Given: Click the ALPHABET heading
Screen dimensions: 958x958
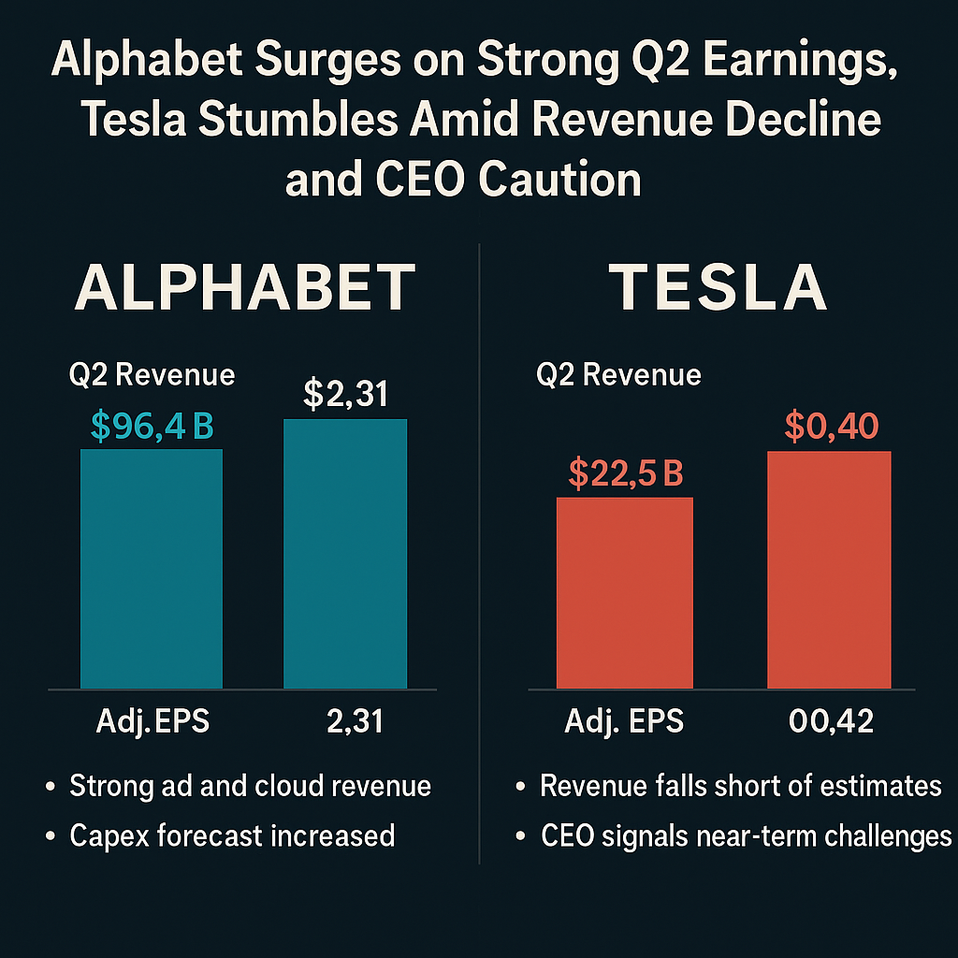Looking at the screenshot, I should pyautogui.click(x=244, y=287).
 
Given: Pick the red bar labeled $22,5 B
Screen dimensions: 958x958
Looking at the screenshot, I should pyautogui.click(x=625, y=593).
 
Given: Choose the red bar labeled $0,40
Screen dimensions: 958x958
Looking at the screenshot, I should pyautogui.click(x=829, y=571).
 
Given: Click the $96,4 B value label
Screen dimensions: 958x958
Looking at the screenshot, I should pyautogui.click(x=152, y=427).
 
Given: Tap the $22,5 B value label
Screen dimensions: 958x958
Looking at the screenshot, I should pyautogui.click(x=625, y=474).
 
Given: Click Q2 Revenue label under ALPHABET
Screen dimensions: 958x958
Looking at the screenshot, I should pyautogui.click(x=152, y=375).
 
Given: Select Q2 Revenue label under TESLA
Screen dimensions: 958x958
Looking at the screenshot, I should pyautogui.click(x=618, y=375).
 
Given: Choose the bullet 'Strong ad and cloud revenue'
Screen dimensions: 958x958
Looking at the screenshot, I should pyautogui.click(x=250, y=786).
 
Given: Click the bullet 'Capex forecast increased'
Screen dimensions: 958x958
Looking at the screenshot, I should pyautogui.click(x=232, y=835).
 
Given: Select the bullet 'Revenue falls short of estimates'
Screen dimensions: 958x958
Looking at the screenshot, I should pyautogui.click(x=740, y=786).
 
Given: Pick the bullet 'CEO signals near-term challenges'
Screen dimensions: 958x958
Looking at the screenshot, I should pyautogui.click(x=746, y=835).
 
